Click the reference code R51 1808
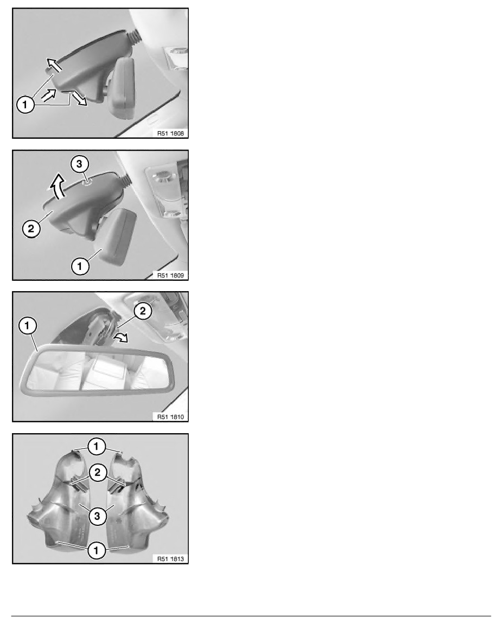pos(170,133)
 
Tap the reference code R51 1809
pos(170,275)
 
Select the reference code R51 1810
pos(170,417)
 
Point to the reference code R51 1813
pos(170,558)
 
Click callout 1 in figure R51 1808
pos(25,104)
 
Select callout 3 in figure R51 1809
pos(79,164)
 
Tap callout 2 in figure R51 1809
pos(31,228)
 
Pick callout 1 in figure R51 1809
pos(80,266)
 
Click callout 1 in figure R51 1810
pos(28,326)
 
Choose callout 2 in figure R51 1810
pos(143,311)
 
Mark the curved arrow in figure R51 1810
pos(122,338)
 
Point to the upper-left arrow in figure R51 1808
pos(54,64)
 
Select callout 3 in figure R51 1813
pos(97,516)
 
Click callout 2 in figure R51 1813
pos(98,472)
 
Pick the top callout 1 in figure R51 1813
pos(97,446)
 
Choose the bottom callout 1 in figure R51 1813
pos(97,550)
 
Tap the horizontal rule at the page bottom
pos(251,616)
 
